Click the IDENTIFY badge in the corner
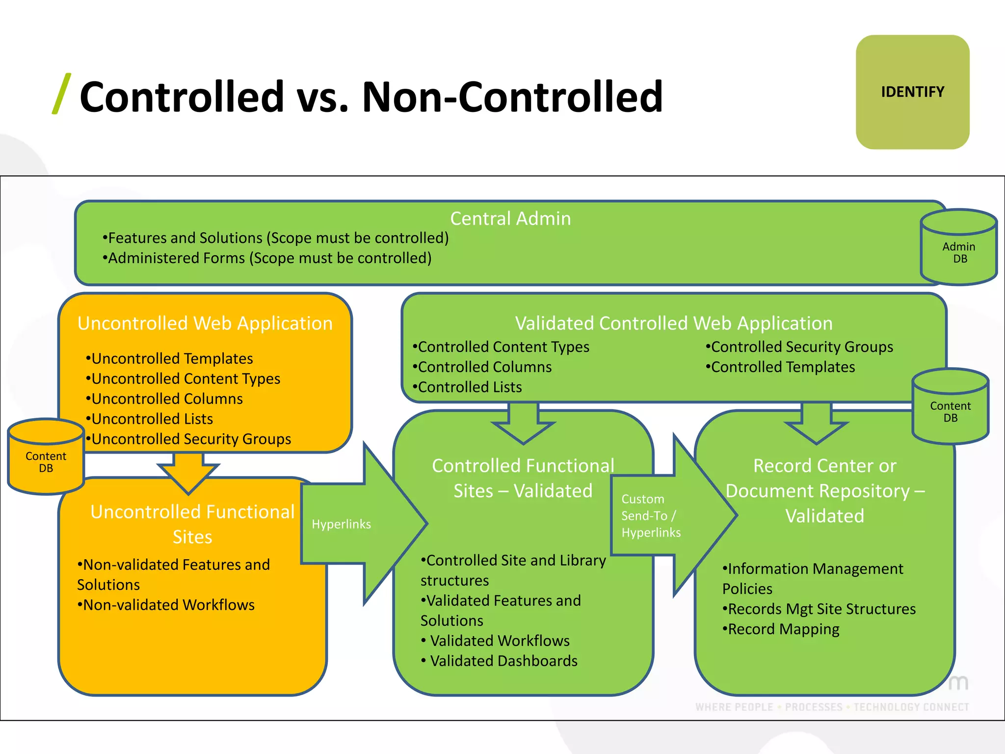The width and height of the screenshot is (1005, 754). coord(912,92)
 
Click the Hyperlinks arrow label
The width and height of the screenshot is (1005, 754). coord(341,524)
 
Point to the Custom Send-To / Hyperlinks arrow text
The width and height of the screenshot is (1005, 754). coord(651,516)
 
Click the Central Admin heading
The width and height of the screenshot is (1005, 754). coord(510,218)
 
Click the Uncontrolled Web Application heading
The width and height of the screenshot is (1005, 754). coord(205,323)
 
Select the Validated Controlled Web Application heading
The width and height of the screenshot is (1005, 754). coord(674,323)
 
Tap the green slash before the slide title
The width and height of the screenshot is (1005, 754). coord(61,94)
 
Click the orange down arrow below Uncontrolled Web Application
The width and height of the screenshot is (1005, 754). coord(188,471)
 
